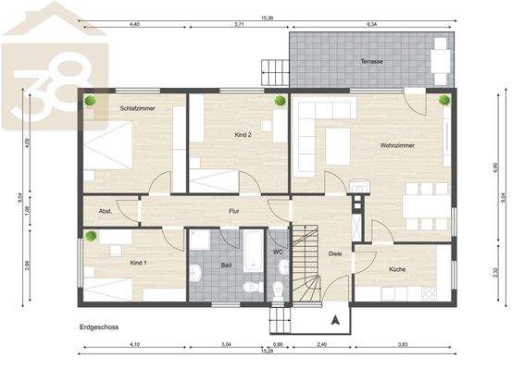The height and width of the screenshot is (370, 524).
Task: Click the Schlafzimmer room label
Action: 136,108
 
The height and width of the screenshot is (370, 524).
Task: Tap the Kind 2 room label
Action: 243,135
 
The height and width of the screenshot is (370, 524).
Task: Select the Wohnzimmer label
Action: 396,145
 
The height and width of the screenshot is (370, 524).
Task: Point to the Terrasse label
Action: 373,61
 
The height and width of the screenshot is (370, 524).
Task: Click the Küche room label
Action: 398,269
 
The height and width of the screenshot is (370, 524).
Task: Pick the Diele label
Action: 335,253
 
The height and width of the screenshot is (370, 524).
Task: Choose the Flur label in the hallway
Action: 235,212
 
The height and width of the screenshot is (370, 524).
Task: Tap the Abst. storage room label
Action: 106,212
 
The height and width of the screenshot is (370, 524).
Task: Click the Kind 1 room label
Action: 139,264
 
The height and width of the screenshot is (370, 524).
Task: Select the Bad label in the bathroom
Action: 226,265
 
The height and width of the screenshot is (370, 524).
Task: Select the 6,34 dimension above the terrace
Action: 371,24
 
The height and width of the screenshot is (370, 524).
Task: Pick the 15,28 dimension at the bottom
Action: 267,351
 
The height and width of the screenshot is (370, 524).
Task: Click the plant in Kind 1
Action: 91,236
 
